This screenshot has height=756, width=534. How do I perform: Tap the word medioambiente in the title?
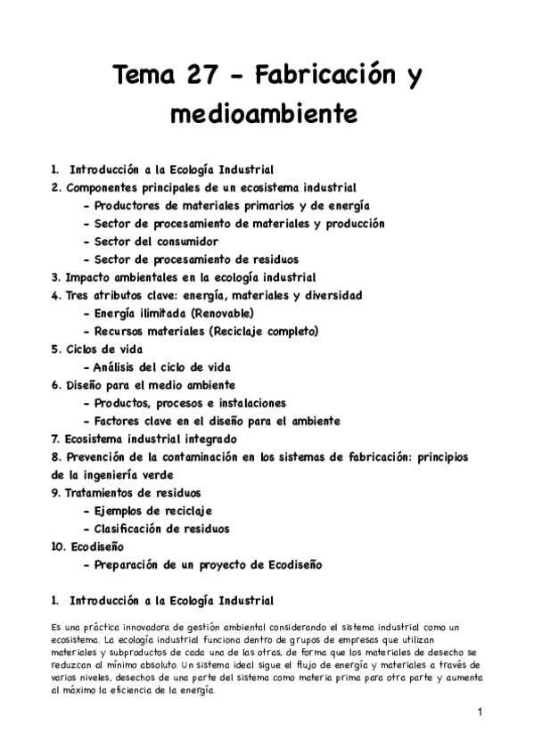(267, 113)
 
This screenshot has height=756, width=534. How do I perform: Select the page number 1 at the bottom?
(479, 711)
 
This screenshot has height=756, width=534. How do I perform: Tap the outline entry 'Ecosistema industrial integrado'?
(144, 439)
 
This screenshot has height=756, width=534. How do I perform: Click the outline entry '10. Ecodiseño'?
(88, 546)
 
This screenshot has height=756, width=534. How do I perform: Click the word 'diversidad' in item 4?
(331, 294)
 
